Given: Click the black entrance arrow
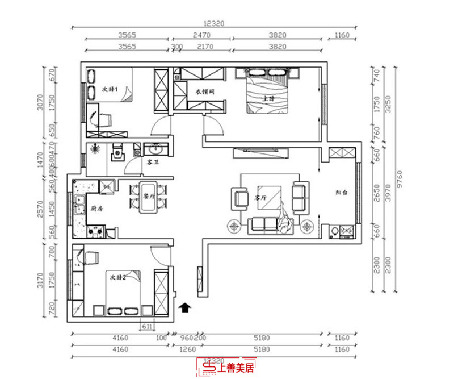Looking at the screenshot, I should tap(184, 308).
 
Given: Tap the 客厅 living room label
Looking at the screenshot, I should tap(260, 198).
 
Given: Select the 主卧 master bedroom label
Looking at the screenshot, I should tap(268, 98).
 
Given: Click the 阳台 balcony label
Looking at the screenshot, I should tap(341, 193).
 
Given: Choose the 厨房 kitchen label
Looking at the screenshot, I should tap(97, 209).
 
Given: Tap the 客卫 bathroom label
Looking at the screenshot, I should tap(152, 162).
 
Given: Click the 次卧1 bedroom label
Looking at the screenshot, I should tap(109, 90).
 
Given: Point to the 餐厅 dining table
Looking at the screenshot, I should tap(150, 199).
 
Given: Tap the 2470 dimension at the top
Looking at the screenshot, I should tap(202, 35).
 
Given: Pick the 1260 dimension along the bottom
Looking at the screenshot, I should tap(187, 350).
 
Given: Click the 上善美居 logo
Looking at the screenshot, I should tap(226, 368).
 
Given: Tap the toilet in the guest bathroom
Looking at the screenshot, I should tap(117, 153).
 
